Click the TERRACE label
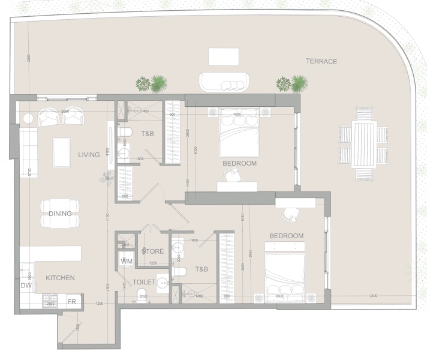tap(321, 61)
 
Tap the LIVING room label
tap(89, 155)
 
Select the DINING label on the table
tap(60, 214)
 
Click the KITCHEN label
tap(60, 278)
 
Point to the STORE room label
tap(153, 251)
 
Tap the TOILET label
tap(144, 281)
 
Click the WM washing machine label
tap(127, 262)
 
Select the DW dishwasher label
tap(26, 286)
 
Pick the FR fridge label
tap(71, 302)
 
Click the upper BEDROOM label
tap(239, 163)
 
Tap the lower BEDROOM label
tap(286, 236)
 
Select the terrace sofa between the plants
tap(224, 82)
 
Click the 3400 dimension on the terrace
tap(373, 296)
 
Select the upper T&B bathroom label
tap(147, 134)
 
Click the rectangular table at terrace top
tap(224, 56)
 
